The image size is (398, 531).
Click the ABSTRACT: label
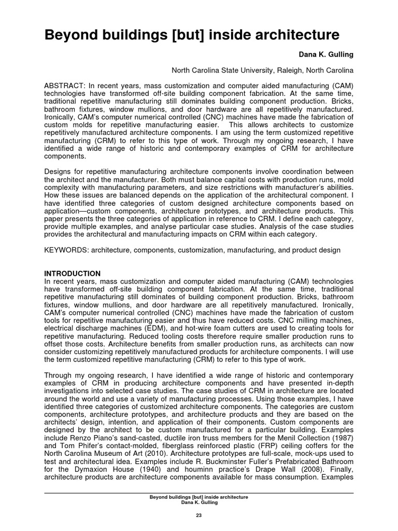pos(65,86)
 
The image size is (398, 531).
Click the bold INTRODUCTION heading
pos(73,273)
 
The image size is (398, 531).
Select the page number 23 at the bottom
pos(199,515)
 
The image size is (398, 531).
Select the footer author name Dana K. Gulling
pos(199,502)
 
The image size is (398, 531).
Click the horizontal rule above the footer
pos(199,493)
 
